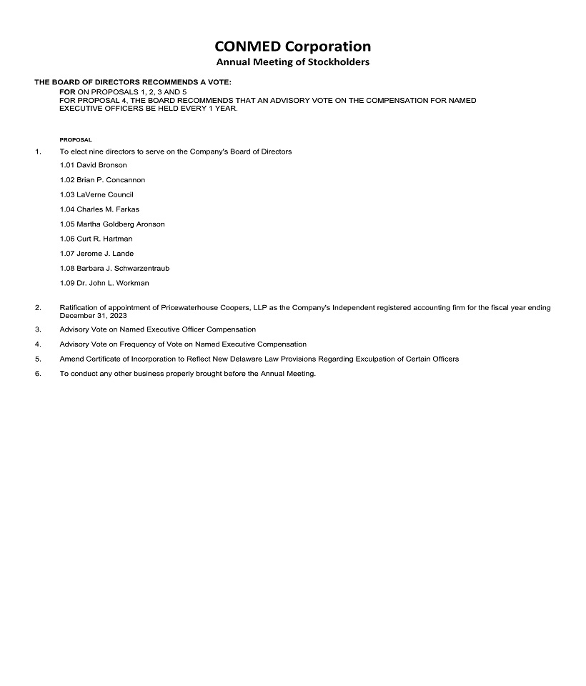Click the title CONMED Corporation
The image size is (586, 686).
coord(292,46)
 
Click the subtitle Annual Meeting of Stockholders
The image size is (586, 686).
coord(292,63)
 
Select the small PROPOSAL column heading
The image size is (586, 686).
coord(76,140)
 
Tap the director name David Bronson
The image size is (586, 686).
coord(101,165)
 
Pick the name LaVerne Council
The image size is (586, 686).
coord(105,194)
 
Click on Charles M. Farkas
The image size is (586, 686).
coord(108,209)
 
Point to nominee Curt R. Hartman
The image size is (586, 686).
coord(104,239)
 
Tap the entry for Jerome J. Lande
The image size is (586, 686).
coord(105,254)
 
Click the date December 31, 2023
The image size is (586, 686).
coord(93,315)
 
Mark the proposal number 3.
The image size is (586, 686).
coord(37,329)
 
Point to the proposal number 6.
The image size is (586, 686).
coord(37,374)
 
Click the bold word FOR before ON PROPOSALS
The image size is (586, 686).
coord(67,93)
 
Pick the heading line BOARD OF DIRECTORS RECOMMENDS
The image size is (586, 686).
coord(133,83)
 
